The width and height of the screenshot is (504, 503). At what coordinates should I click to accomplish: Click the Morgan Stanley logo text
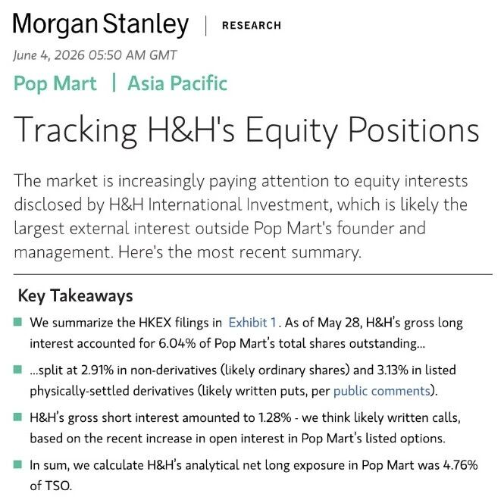[x=100, y=25]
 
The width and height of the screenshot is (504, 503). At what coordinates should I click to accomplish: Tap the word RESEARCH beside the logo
[x=252, y=25]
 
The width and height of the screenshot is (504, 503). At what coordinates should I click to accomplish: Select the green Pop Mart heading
[x=55, y=83]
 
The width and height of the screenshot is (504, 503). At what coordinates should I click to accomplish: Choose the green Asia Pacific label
[x=177, y=83]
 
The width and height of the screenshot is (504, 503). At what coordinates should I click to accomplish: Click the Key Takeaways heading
[x=75, y=296]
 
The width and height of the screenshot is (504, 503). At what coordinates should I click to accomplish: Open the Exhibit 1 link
[x=252, y=322]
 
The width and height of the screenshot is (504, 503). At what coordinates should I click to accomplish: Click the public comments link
[x=382, y=391]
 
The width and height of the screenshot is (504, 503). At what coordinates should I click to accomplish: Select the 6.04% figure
[x=177, y=343]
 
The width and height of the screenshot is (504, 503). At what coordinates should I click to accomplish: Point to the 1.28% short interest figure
[x=275, y=417]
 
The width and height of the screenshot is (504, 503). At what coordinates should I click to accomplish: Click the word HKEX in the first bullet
[x=155, y=322]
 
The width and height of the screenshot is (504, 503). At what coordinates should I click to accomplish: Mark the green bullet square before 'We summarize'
[x=17, y=321]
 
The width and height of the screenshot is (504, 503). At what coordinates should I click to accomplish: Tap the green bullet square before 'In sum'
[x=17, y=464]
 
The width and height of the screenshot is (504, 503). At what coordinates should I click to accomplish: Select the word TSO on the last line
[x=58, y=486]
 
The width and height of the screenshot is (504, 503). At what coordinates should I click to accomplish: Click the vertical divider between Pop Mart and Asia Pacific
[x=114, y=83]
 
